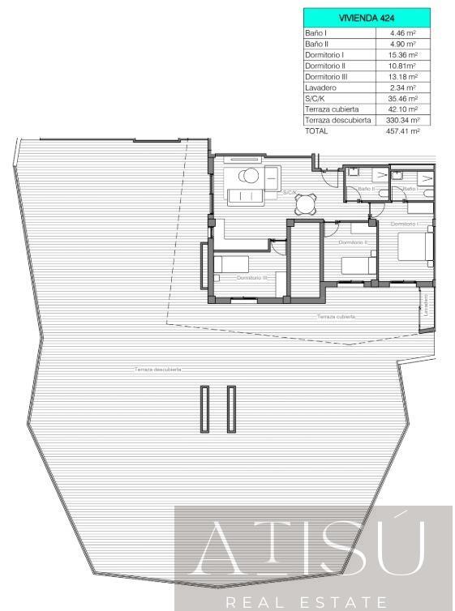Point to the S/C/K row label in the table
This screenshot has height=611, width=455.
(x=315, y=98)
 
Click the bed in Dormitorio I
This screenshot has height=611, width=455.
(x=414, y=246)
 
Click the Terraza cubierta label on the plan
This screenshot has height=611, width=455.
(x=336, y=316)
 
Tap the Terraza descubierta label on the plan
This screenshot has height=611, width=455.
(x=158, y=370)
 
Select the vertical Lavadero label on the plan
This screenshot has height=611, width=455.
(x=424, y=305)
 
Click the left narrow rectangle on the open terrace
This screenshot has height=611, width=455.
(x=205, y=409)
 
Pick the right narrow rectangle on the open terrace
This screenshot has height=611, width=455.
(x=231, y=409)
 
